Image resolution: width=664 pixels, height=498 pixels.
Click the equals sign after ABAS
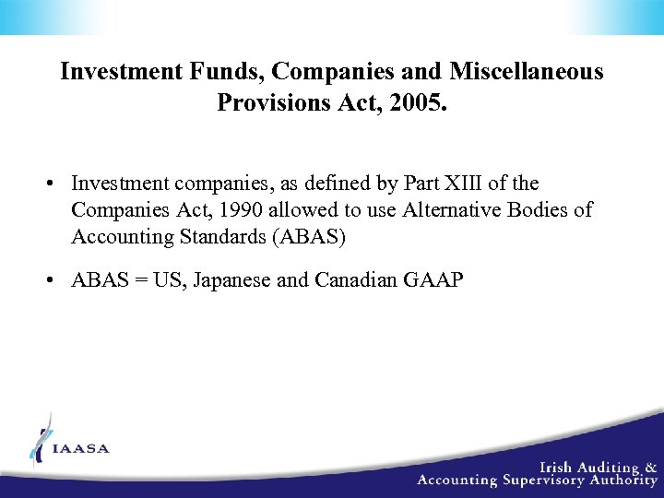pos(138,279)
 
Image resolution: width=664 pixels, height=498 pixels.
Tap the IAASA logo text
pos(81,449)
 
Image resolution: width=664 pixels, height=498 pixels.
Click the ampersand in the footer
pos(650,467)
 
